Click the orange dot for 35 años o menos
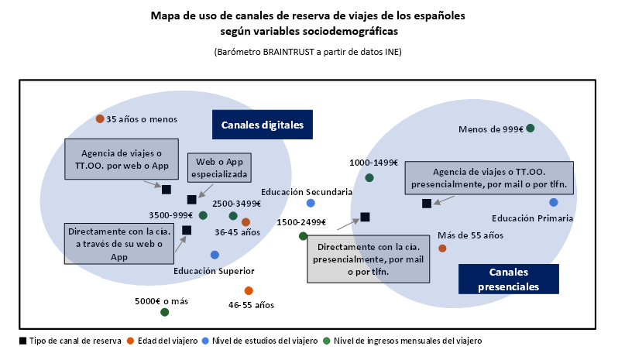click(x=100, y=118)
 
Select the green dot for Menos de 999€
click(x=531, y=128)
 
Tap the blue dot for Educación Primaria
click(x=553, y=203)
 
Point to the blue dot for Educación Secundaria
click(x=311, y=204)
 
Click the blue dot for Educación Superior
click(x=215, y=255)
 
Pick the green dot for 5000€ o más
click(x=165, y=312)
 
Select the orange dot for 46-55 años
click(x=249, y=290)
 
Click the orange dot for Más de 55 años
click(x=442, y=249)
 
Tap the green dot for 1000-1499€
click(x=369, y=178)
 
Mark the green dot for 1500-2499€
click(x=303, y=236)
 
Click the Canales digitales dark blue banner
click(x=263, y=125)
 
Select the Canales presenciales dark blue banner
click(x=509, y=279)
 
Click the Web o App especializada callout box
click(x=219, y=168)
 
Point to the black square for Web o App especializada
click(x=192, y=200)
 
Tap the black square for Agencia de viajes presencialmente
click(x=427, y=204)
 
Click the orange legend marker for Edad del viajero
click(x=130, y=341)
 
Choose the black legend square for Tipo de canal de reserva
click(x=23, y=341)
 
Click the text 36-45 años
click(x=237, y=232)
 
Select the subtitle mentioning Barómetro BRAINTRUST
click(x=307, y=52)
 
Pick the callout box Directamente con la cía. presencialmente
click(x=369, y=259)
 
